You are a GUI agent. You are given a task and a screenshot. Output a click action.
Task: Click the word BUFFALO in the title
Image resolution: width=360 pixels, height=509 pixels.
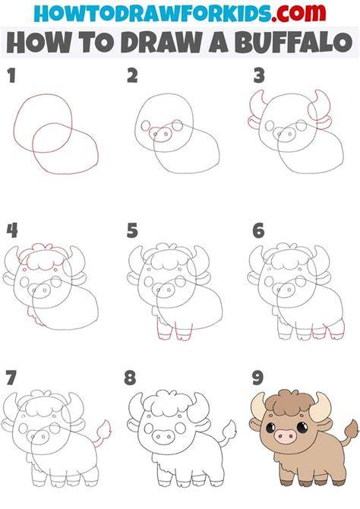(x=294, y=43)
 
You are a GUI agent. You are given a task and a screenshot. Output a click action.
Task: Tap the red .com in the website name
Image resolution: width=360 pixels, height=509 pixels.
(x=298, y=13)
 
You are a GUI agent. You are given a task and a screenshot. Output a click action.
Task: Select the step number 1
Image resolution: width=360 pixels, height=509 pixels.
(x=11, y=75)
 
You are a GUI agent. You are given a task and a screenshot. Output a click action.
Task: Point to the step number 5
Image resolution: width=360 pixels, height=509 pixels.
(x=132, y=230)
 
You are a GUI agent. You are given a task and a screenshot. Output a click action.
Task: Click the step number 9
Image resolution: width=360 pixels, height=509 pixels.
(x=257, y=378)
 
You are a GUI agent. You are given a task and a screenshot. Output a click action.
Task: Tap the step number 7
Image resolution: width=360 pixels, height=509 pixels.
(x=11, y=378)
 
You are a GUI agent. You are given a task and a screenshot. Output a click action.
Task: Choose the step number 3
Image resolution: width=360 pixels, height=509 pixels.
(x=259, y=76)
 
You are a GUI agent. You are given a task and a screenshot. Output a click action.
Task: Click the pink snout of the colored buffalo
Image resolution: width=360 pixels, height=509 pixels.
(x=286, y=436)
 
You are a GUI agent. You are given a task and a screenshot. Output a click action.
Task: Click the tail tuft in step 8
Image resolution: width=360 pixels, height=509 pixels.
(x=229, y=429)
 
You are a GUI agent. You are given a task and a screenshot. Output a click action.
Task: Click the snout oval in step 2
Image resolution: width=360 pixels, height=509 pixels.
(x=159, y=134)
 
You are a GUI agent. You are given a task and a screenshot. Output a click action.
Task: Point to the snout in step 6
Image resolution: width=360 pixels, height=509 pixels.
(x=283, y=290)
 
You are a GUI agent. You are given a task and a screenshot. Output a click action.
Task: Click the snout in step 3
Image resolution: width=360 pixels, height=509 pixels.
(x=284, y=134)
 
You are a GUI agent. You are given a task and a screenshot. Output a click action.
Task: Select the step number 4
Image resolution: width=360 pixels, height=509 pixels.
(x=12, y=230)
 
